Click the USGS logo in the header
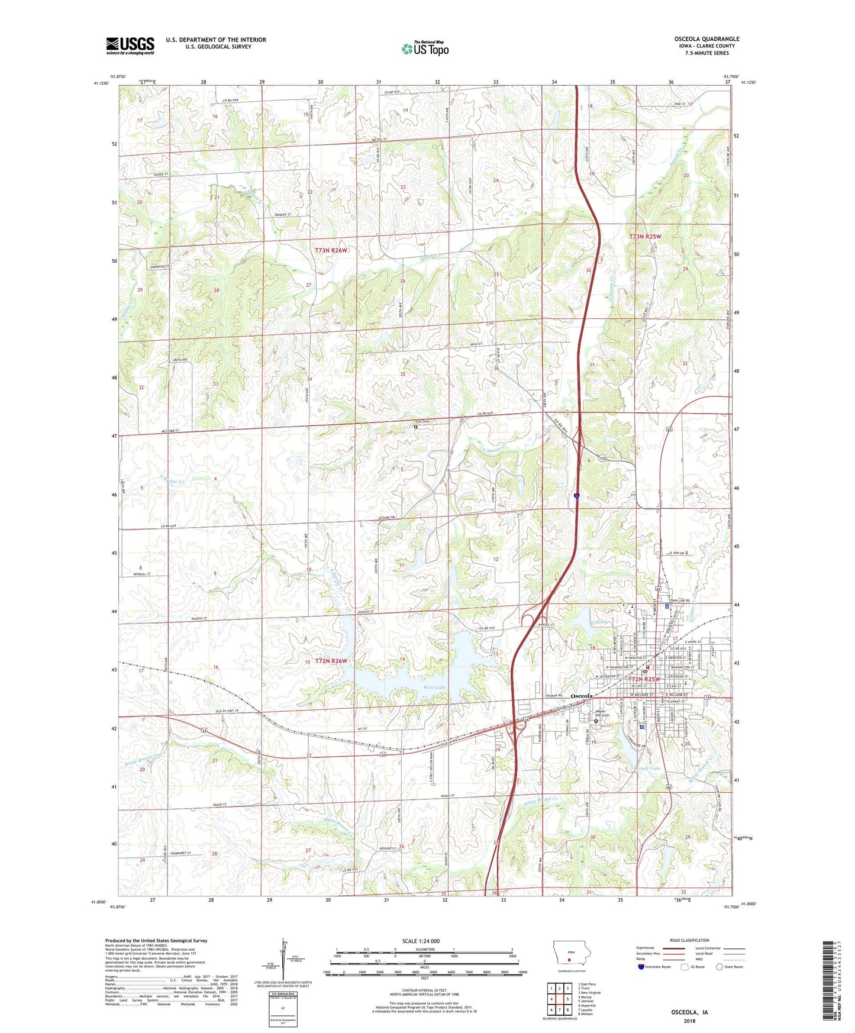coord(130,46)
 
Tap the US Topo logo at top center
coord(425,49)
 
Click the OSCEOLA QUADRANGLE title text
coord(706,39)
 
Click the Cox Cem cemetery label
coord(421,422)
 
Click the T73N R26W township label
coord(331,250)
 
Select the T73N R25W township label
coord(644,236)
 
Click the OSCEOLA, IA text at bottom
coord(689,1012)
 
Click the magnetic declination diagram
coord(283,964)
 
